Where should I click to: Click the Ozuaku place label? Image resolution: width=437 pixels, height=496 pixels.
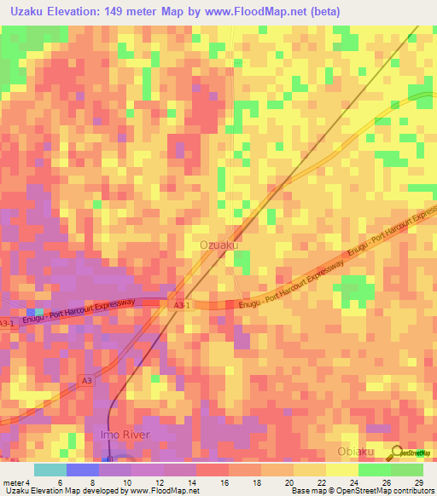click(x=218, y=245)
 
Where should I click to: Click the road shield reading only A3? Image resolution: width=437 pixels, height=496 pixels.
click(x=88, y=380)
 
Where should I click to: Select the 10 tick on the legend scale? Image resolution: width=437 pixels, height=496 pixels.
click(x=127, y=482)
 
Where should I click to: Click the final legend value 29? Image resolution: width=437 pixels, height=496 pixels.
click(x=418, y=482)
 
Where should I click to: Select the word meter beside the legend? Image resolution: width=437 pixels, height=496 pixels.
click(x=11, y=482)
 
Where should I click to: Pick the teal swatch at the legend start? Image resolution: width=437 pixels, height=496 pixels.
click(x=50, y=470)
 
